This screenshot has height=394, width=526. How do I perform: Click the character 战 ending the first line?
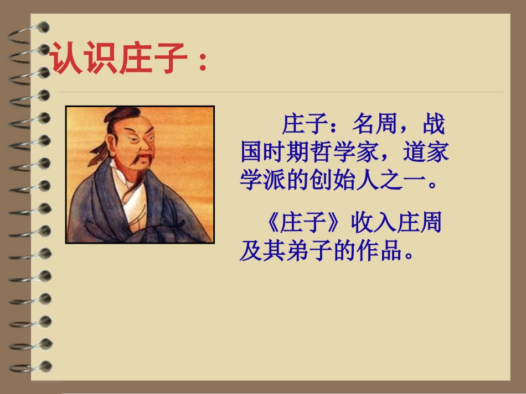(x=434, y=125)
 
